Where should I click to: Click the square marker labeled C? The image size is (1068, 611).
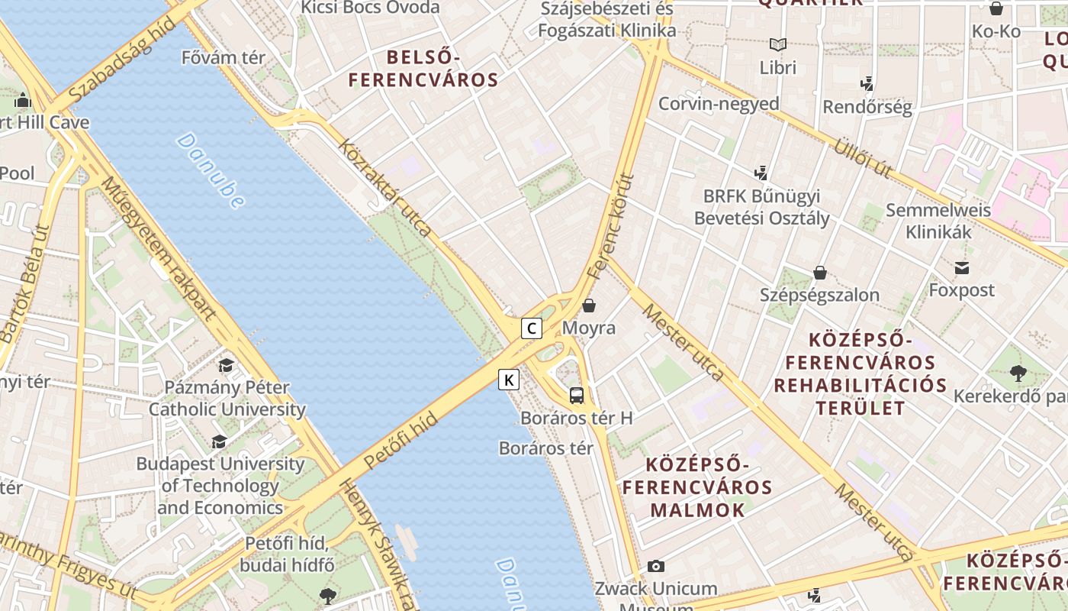[532, 329]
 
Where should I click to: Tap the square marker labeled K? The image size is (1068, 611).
[509, 379]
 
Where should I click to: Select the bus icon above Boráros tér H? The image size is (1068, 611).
[577, 396]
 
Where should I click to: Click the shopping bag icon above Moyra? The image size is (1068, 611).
[589, 306]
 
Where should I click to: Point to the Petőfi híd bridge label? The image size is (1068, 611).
[400, 441]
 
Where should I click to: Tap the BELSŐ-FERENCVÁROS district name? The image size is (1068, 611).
[423, 68]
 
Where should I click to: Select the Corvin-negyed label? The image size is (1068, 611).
[719, 104]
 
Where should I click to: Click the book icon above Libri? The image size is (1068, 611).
[777, 44]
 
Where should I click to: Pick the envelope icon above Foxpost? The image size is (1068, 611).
[961, 268]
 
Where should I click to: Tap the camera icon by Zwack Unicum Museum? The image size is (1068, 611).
[655, 566]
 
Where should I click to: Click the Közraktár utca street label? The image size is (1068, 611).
[385, 187]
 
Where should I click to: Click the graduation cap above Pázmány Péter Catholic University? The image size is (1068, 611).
[226, 365]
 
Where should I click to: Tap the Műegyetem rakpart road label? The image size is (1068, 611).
[158, 248]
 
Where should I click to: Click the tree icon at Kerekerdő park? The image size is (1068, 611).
[1018, 373]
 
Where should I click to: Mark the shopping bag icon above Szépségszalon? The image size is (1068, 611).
[820, 273]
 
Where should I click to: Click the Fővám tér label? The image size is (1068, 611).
[224, 57]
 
